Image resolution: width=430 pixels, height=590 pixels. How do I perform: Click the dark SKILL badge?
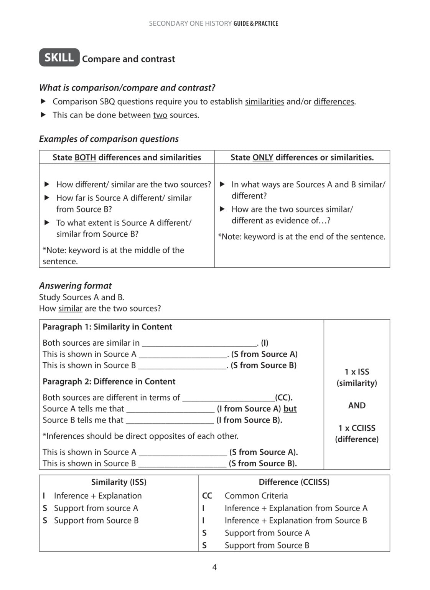pyautogui.click(x=59, y=58)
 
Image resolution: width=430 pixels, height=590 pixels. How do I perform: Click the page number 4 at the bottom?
pyautogui.click(x=214, y=567)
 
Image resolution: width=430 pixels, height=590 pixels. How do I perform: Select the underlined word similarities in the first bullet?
pyautogui.click(x=264, y=102)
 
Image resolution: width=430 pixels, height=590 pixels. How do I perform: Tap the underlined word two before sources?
pyautogui.click(x=160, y=115)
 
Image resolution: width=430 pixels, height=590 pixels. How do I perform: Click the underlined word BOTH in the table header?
pyautogui.click(x=85, y=157)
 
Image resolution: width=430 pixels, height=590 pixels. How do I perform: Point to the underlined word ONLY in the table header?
pyautogui.click(x=263, y=157)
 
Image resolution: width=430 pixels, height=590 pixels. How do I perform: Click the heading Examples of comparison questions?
pyautogui.click(x=109, y=139)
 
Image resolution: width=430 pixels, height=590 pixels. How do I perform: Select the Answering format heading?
pyautogui.click(x=75, y=286)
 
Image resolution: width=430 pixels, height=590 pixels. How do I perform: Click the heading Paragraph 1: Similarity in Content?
pyautogui.click(x=107, y=327)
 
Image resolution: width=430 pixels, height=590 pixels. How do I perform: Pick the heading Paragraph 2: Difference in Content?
pyautogui.click(x=109, y=381)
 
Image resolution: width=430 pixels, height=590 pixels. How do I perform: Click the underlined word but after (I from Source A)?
pyautogui.click(x=290, y=409)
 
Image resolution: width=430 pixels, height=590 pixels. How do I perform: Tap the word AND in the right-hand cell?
pyautogui.click(x=357, y=406)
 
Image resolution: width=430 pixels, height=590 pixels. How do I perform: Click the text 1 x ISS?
pyautogui.click(x=357, y=372)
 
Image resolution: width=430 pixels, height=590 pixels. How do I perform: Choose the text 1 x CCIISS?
pyautogui.click(x=357, y=428)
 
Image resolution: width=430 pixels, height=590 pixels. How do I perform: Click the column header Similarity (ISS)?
pyautogui.click(x=119, y=482)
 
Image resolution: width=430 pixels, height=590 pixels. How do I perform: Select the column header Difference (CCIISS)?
pyautogui.click(x=294, y=482)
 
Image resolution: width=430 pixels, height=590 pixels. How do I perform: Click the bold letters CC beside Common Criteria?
pyautogui.click(x=207, y=496)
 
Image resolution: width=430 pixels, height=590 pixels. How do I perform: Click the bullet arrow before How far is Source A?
pyautogui.click(x=47, y=198)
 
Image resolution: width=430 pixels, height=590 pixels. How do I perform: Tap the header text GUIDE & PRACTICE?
pyautogui.click(x=256, y=23)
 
